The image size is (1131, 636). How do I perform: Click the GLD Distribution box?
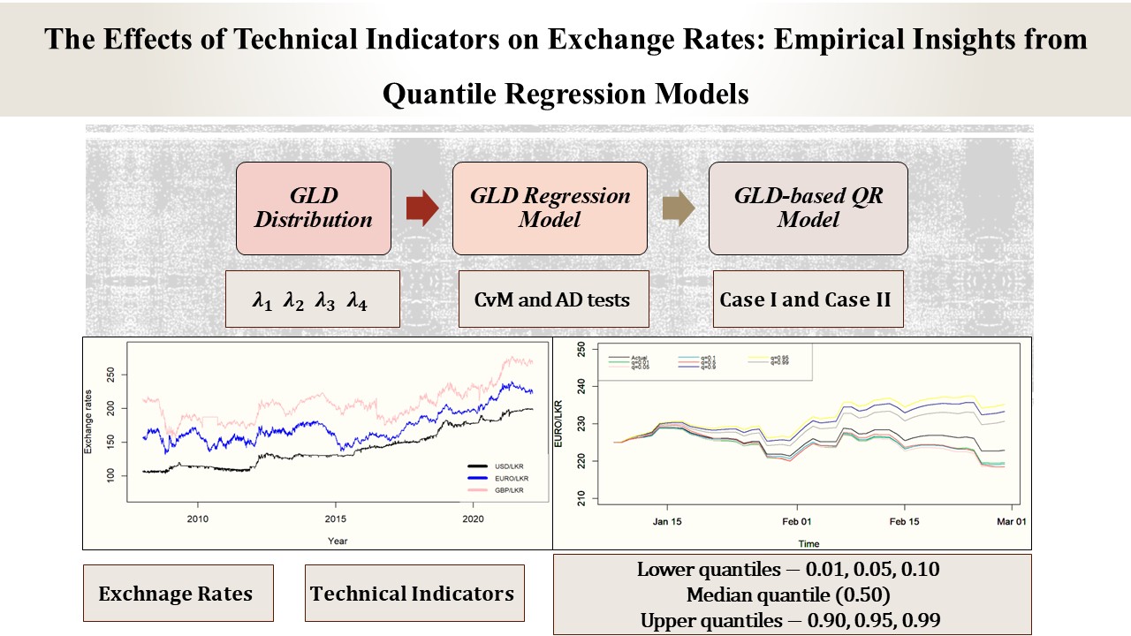313,208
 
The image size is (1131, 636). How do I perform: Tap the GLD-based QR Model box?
808,208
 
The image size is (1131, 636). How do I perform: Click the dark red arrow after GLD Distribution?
422,208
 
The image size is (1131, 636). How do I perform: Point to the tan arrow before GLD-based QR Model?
678,208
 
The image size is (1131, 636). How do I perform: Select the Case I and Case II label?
805,299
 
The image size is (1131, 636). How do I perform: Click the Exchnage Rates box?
177,594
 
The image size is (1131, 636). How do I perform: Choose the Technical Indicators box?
413,593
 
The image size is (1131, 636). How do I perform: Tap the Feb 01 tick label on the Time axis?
797,521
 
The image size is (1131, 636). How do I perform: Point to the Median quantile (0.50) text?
790,594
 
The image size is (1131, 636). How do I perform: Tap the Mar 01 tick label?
1011,521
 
